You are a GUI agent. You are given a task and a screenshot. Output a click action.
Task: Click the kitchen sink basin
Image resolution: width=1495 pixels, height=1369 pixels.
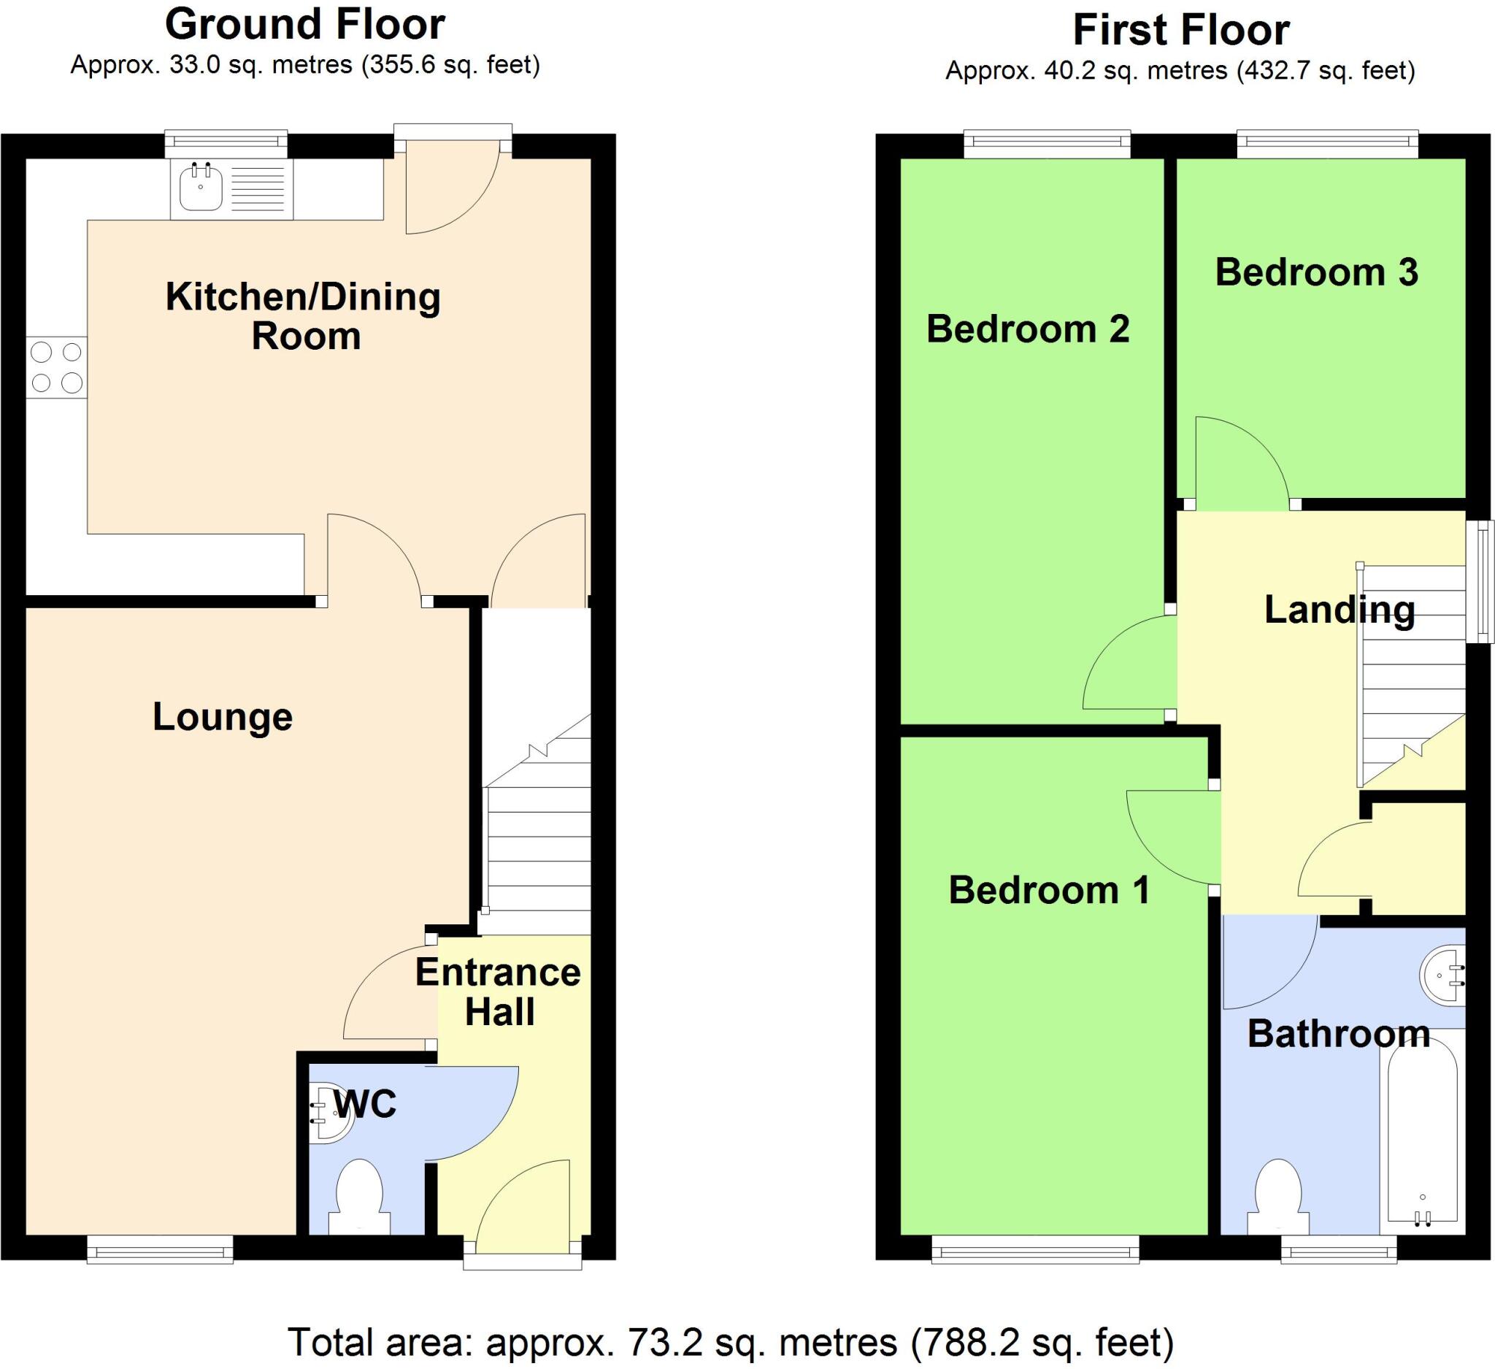200,188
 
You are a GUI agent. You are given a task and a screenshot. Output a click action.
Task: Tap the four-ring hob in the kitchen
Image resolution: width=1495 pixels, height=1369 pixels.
56,367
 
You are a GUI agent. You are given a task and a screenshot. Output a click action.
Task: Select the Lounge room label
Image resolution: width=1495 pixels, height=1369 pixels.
223,717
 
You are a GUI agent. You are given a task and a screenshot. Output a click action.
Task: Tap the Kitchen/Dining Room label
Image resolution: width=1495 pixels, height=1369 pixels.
303,316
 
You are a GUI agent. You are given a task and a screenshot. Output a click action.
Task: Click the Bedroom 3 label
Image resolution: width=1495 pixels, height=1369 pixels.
1316,272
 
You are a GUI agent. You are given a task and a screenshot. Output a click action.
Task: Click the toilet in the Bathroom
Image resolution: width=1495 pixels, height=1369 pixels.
1278,1199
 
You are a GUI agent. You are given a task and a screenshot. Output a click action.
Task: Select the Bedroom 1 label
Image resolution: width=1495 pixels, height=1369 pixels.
1048,890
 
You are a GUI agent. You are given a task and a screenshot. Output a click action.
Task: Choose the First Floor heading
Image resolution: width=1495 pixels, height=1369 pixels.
1180,31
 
